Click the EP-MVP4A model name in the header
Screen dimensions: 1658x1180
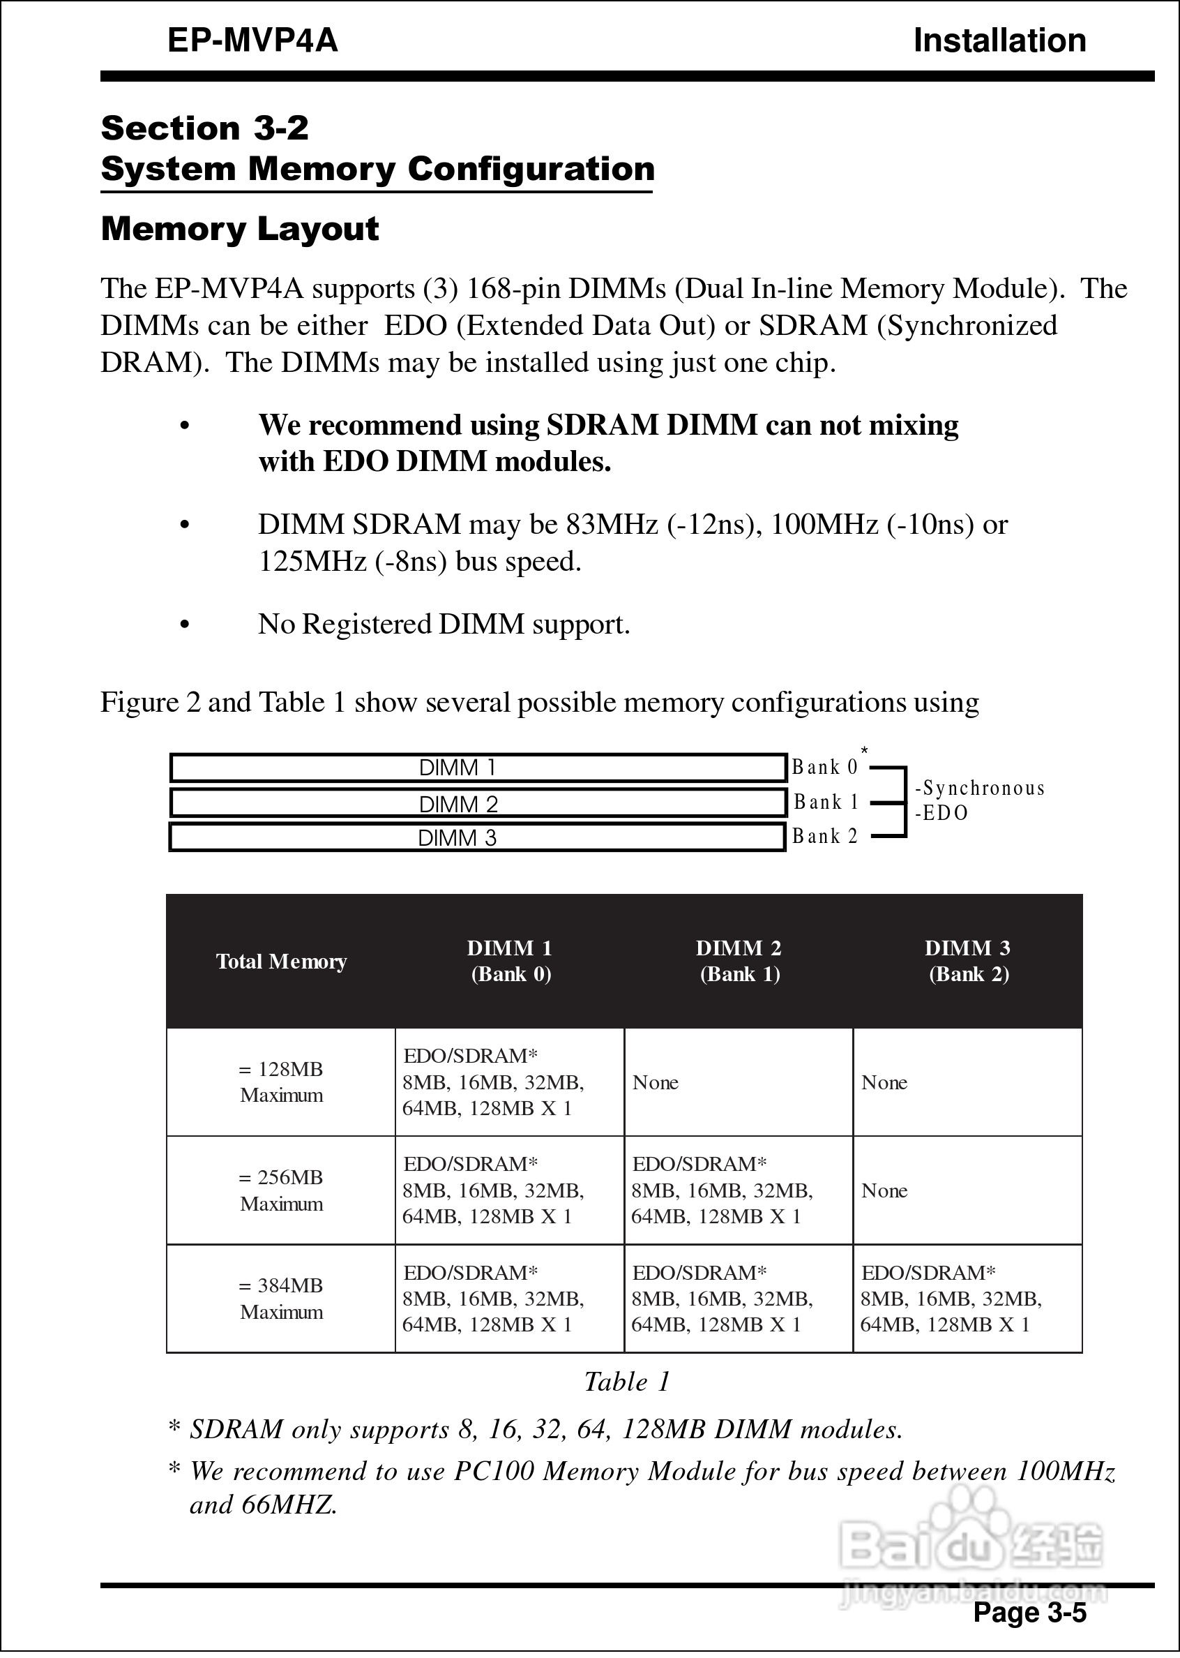coord(252,40)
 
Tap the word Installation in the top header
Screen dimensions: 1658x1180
coord(999,40)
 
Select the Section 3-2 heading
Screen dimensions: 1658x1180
coord(205,128)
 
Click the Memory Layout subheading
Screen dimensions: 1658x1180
coord(240,229)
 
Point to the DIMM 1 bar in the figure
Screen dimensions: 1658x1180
coord(478,768)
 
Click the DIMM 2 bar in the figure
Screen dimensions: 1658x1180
coord(478,804)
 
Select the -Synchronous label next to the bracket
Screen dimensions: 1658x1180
coord(979,789)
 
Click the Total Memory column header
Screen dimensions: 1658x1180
coord(281,962)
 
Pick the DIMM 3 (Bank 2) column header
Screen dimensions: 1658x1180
coord(968,961)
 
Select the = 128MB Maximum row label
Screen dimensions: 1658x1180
coord(281,1082)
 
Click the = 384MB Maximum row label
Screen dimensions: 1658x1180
coord(281,1298)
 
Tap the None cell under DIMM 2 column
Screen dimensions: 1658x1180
coord(656,1082)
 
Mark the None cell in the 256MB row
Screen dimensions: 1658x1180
coord(884,1190)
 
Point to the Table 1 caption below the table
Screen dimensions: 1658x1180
coord(627,1382)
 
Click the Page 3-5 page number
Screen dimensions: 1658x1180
coord(1029,1612)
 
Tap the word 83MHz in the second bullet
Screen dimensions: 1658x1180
coord(612,524)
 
